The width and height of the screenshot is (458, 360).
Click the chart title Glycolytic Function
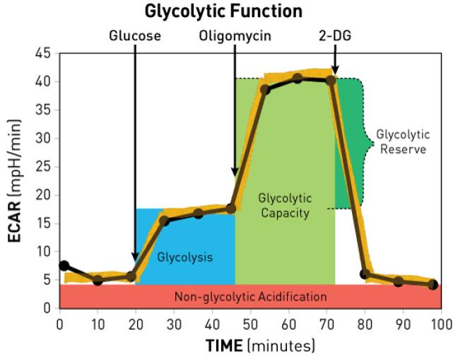pos(223,12)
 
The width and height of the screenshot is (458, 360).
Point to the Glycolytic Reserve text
pos(402,141)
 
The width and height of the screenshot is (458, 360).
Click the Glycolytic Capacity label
pos(285,205)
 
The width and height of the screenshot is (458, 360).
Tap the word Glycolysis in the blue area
pos(184,257)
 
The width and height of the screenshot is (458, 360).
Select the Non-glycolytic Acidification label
pos(251,297)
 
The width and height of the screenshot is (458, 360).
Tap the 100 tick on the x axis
pos(441,324)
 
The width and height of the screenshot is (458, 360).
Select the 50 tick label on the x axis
pos(250,324)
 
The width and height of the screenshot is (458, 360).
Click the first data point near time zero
pos(64,265)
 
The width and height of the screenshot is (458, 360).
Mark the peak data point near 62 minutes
pos(298,78)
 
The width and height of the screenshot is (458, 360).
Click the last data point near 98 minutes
pos(433,284)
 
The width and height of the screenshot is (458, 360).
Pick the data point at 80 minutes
pos(365,274)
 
